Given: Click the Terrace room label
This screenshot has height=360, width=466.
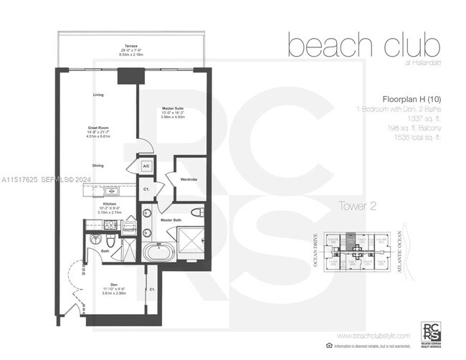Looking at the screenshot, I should pyautogui.click(x=129, y=44).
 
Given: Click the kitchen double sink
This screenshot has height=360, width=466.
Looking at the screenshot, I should pyautogui.click(x=110, y=191).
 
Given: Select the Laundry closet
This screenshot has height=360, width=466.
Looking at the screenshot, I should pyautogui.click(x=129, y=228).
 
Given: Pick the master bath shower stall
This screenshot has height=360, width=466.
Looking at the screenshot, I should pyautogui.click(x=191, y=240).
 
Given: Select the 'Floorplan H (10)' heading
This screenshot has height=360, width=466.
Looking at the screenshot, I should pyautogui.click(x=406, y=100).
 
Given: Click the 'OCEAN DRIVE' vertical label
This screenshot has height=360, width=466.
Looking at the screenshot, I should pyautogui.click(x=316, y=252).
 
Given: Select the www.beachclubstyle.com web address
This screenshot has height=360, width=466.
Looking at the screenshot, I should pyautogui.click(x=373, y=336).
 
